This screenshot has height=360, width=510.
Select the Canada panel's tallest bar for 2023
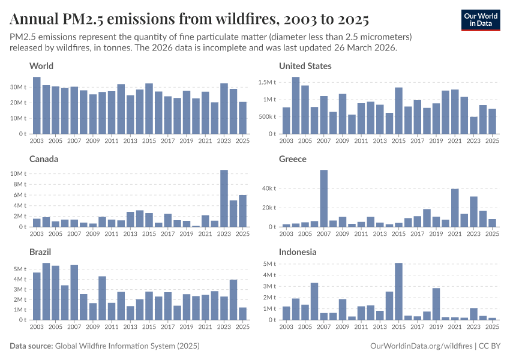tap(224, 199)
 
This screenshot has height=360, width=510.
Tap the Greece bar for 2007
tap(323, 199)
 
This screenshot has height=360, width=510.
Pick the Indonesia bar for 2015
tap(398, 292)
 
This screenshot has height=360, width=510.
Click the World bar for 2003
tap(37, 106)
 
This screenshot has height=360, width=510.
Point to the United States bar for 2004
tap(296, 106)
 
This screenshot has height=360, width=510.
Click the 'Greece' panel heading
tap(293, 159)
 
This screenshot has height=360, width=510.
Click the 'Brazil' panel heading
tap(41, 252)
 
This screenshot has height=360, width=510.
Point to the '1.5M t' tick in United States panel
tap(266, 82)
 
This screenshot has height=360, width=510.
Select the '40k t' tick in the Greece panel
tap(267, 188)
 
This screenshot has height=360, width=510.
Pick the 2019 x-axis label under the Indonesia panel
tap(436, 326)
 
